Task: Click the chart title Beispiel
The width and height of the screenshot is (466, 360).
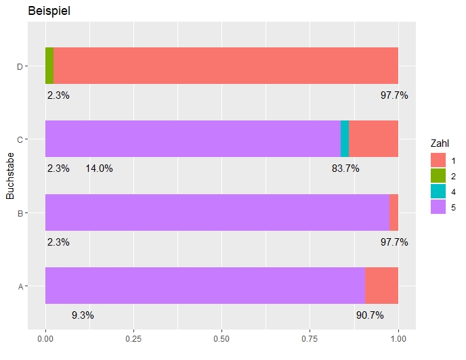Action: pyautogui.click(x=49, y=12)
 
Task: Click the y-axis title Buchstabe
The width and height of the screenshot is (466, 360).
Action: pyautogui.click(x=10, y=176)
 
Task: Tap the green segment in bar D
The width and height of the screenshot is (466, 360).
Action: pyautogui.click(x=49, y=66)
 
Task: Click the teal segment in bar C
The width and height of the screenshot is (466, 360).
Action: pyautogui.click(x=345, y=139)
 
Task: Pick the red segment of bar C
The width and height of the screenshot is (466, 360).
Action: pyautogui.click(x=373, y=139)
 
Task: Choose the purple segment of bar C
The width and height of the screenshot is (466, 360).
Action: pyautogui.click(x=193, y=139)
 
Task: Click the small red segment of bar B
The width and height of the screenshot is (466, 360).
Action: pyautogui.click(x=394, y=212)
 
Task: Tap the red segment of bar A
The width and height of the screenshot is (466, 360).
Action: pyautogui.click(x=381, y=286)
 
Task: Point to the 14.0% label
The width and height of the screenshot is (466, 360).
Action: pyautogui.click(x=99, y=168)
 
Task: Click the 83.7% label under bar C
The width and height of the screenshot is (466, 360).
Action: pyautogui.click(x=345, y=168)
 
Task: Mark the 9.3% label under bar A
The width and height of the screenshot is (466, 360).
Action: pyautogui.click(x=83, y=315)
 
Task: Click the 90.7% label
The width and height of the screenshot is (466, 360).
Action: pyautogui.click(x=370, y=315)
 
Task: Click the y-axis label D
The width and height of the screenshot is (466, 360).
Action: pyautogui.click(x=20, y=66)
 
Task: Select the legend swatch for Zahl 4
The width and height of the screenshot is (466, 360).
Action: pyautogui.click(x=438, y=192)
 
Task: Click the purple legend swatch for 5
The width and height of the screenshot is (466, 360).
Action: pyautogui.click(x=438, y=208)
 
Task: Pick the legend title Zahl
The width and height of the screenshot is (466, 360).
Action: pyautogui.click(x=440, y=143)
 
